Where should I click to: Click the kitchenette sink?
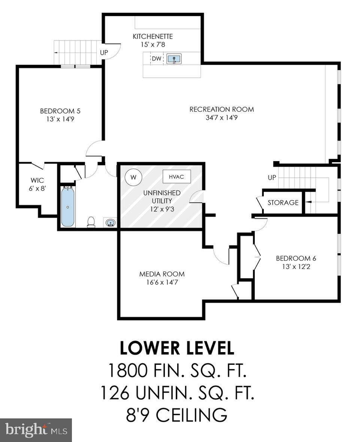174,59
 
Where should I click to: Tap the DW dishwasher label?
156,59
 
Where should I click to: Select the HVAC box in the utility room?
176,176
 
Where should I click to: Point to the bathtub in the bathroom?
68,206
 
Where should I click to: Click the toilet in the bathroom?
91,222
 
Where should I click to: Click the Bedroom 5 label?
60,111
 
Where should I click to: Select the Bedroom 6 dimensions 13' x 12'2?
293,266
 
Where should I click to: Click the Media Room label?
162,274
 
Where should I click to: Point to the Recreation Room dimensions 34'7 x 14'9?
221,118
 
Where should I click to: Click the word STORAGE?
283,203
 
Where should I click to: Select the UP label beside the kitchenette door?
104,52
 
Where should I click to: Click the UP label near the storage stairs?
272,177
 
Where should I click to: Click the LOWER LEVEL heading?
177,348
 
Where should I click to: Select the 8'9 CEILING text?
177,415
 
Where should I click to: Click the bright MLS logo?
36,430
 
